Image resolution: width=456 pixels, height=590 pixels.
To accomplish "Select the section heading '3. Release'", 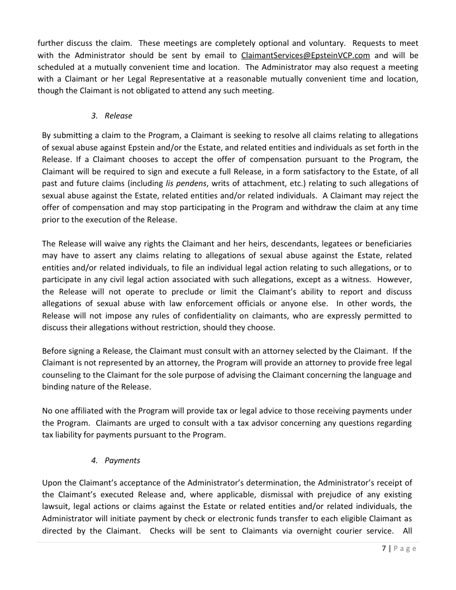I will click(112, 116).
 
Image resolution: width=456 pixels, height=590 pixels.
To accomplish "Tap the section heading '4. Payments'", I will click(116, 460).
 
